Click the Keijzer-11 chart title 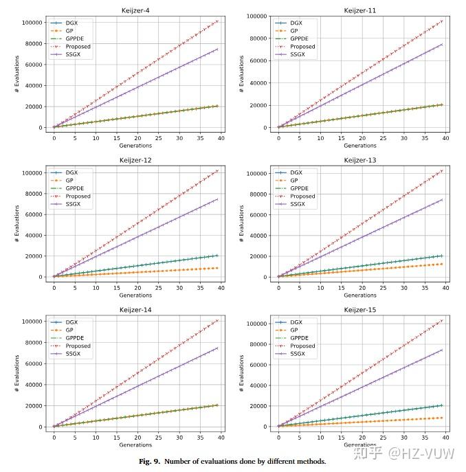point(360,10)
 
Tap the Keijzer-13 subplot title point(360,159)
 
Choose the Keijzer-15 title point(360,309)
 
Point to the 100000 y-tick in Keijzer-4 point(32,23)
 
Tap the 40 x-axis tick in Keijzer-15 point(445,436)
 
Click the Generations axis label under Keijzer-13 point(360,295)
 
